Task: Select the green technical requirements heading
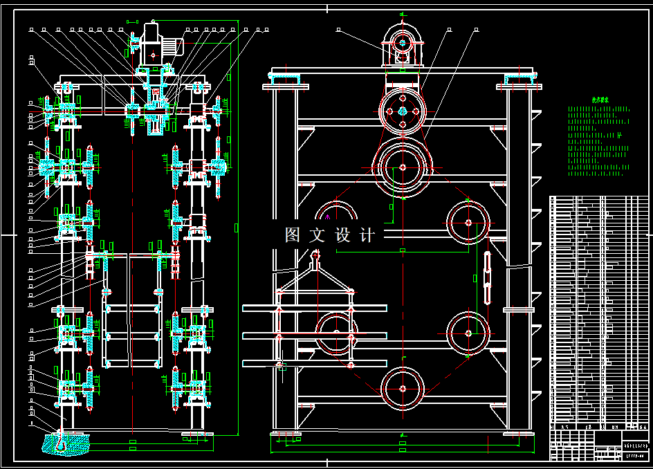tap(598, 100)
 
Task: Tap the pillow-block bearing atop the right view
tap(402, 45)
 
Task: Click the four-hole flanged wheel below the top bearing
tap(402, 111)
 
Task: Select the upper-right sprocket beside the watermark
tap(468, 222)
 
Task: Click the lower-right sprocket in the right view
tap(468, 333)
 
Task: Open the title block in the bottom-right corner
tap(599, 443)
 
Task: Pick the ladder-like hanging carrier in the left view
tap(131, 311)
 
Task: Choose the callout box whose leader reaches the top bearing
tap(339, 30)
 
